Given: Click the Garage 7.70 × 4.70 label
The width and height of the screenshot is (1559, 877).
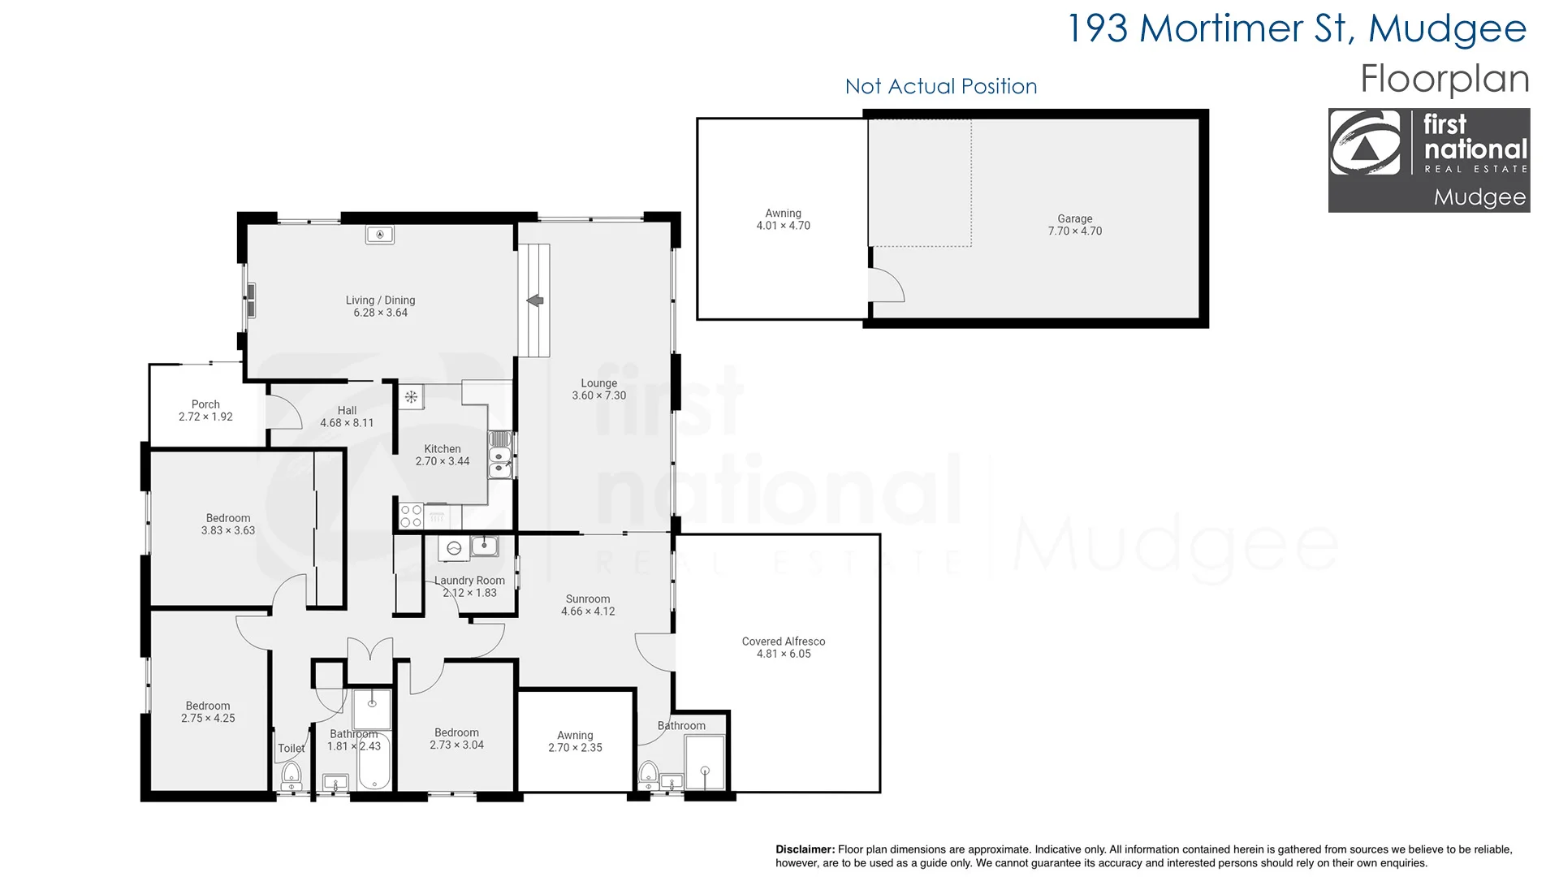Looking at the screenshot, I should click(x=1074, y=225).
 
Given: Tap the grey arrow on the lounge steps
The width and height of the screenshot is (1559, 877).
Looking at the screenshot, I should click(x=534, y=300).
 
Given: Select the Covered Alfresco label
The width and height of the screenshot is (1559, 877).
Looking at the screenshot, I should click(x=783, y=647).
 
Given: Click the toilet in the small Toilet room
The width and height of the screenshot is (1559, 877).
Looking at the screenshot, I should click(x=292, y=775).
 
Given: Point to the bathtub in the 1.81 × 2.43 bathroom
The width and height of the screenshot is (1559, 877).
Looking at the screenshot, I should click(x=374, y=762).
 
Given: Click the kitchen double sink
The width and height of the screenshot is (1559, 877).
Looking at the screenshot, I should click(x=499, y=455).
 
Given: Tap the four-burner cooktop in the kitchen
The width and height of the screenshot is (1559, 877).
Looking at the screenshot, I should click(x=411, y=516).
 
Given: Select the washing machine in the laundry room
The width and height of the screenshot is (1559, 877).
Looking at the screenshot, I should click(x=454, y=548).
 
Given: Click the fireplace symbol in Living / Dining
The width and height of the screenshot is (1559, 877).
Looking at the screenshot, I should click(x=379, y=235).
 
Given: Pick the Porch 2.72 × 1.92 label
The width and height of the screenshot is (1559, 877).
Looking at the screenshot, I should click(x=205, y=410).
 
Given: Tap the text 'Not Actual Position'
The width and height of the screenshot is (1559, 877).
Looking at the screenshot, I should click(x=940, y=86).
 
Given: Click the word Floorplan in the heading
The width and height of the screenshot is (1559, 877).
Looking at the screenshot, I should click(x=1445, y=79).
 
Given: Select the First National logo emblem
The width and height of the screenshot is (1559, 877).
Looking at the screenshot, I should click(x=1365, y=143).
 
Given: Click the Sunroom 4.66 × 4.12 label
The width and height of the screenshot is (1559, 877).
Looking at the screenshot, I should click(x=588, y=605).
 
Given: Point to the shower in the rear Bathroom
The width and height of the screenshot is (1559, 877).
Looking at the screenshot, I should click(x=705, y=763).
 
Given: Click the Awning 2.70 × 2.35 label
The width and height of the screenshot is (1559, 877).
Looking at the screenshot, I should click(x=575, y=741).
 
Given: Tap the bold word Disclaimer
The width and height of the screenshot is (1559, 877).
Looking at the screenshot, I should click(x=804, y=849).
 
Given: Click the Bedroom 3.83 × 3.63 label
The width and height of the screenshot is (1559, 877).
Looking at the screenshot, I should click(x=228, y=524).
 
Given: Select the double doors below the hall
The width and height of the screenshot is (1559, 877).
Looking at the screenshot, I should click(x=370, y=650).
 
